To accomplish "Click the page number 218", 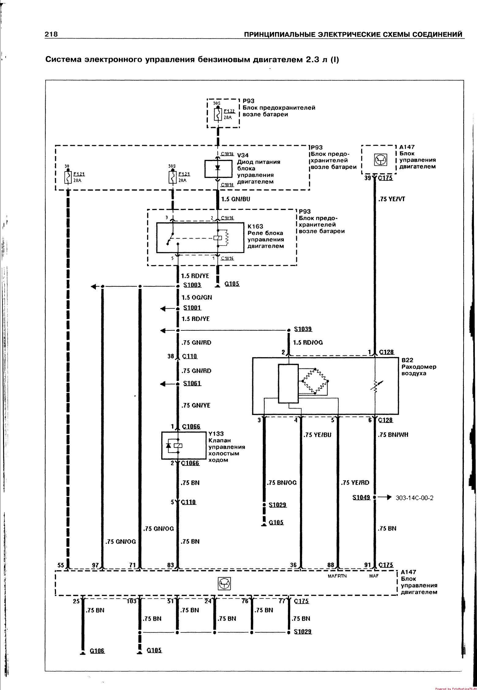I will [x=51, y=34].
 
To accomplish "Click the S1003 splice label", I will [x=192, y=285].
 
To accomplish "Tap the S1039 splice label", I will [x=303, y=329].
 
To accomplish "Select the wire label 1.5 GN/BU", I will [x=236, y=199].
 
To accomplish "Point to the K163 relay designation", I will [x=255, y=226].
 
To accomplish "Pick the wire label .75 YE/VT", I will [x=392, y=199].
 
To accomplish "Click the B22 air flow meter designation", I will [x=408, y=360].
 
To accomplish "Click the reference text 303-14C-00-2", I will [x=415, y=498].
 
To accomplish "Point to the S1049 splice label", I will [x=361, y=498].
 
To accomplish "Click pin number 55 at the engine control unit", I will [x=61, y=565].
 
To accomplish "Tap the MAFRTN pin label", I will [x=337, y=576].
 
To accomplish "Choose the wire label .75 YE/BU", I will [x=317, y=435].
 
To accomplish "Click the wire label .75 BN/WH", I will [x=393, y=435].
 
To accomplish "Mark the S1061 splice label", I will [x=192, y=383].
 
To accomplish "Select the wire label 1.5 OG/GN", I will [x=197, y=297].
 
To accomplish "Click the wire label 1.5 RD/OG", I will [x=308, y=342].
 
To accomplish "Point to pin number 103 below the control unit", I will [x=131, y=601].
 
